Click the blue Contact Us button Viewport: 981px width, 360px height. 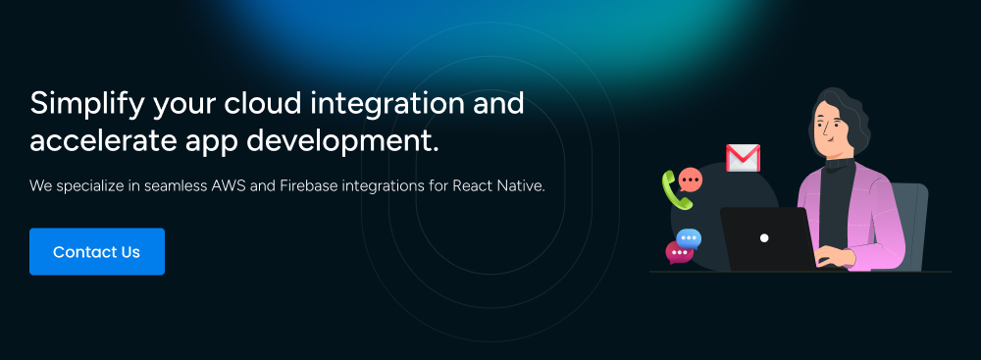97,252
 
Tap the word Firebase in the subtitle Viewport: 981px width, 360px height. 306,186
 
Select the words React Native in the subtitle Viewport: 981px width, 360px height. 498,186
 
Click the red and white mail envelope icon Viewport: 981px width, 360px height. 743,158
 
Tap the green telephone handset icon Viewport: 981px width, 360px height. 676,189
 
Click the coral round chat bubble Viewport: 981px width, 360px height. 690,180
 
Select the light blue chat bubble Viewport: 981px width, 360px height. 689,239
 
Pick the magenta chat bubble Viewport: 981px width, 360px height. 679,252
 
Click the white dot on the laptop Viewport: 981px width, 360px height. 764,238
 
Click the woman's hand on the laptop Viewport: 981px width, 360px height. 835,256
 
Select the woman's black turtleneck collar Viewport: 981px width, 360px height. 840,164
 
